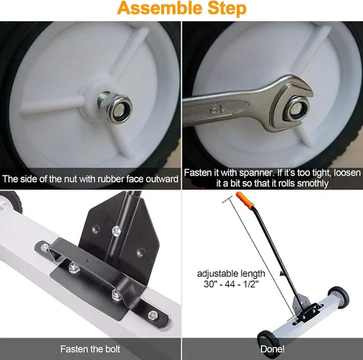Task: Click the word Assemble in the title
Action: (159, 9)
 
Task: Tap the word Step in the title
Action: (226, 9)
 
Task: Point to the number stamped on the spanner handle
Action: (216, 110)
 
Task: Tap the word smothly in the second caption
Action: (313, 184)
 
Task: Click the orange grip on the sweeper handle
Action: (245, 200)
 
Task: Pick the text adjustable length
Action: (231, 274)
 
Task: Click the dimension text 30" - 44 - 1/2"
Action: (231, 284)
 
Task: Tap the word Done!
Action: (272, 349)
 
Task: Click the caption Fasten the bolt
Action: (90, 349)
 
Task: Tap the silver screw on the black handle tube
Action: (117, 231)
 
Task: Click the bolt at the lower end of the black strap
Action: (153, 315)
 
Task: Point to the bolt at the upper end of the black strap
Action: (45, 247)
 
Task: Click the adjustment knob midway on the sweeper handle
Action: (282, 274)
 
